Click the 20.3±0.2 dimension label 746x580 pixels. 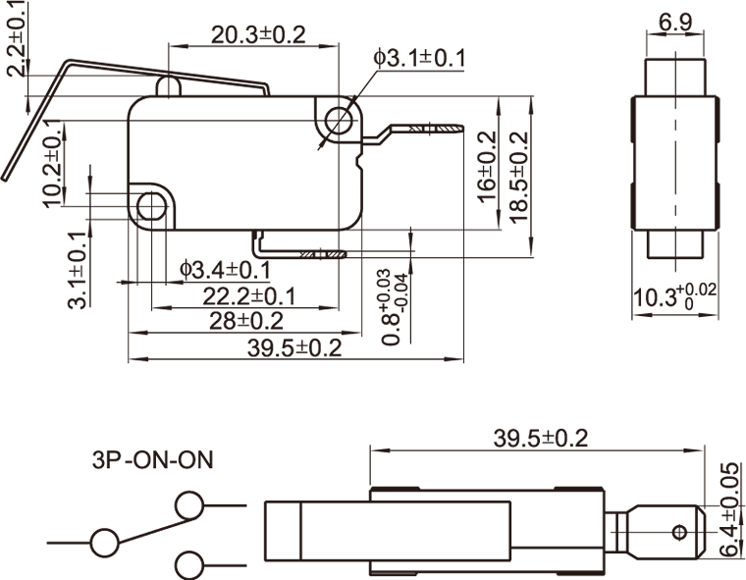tap(258, 34)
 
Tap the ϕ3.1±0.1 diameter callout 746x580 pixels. tap(419, 59)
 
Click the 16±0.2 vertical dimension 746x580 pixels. tap(488, 166)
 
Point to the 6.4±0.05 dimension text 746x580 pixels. tap(727, 510)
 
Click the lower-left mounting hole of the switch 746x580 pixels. tap(151, 206)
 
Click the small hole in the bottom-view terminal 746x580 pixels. tap(677, 533)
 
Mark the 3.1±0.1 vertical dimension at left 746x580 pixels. tap(78, 270)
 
